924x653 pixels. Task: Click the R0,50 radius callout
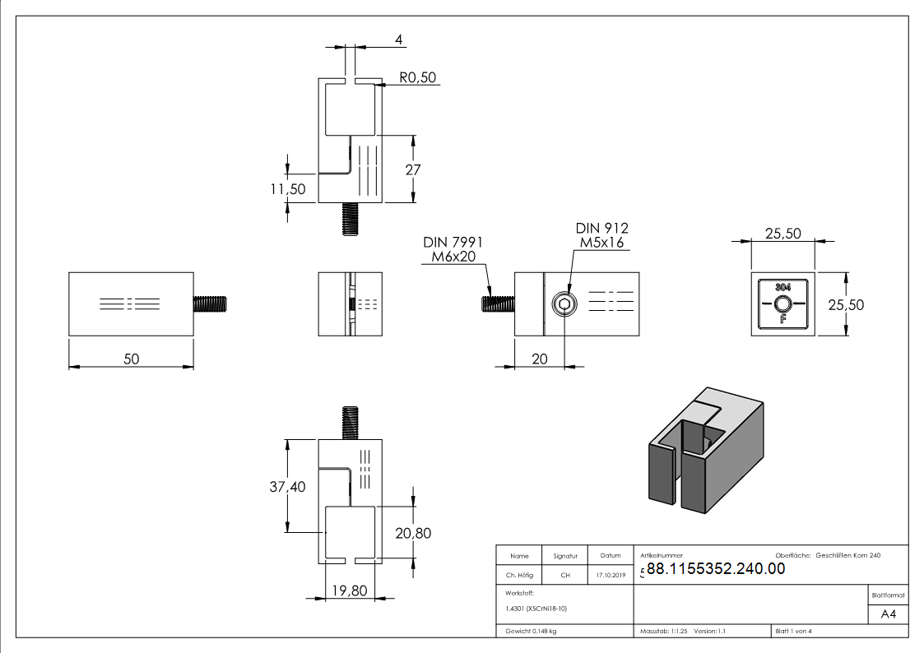tap(418, 78)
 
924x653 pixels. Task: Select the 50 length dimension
tap(131, 359)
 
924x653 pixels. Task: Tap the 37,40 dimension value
tap(287, 487)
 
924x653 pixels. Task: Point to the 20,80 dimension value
tap(412, 533)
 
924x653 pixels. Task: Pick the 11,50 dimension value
tap(287, 189)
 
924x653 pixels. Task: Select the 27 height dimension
tap(413, 169)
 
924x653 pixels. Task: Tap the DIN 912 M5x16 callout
tap(601, 235)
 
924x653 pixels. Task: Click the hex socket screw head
tap(564, 304)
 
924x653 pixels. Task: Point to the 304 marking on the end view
tap(782, 286)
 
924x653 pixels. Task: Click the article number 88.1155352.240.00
tap(716, 568)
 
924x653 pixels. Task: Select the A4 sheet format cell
tap(888, 614)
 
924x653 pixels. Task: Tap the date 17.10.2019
tap(610, 576)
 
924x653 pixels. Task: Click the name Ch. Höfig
tap(518, 576)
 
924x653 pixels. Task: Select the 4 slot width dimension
tap(399, 39)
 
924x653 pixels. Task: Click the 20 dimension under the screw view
tap(540, 359)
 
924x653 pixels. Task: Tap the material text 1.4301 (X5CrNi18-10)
tap(536, 609)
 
